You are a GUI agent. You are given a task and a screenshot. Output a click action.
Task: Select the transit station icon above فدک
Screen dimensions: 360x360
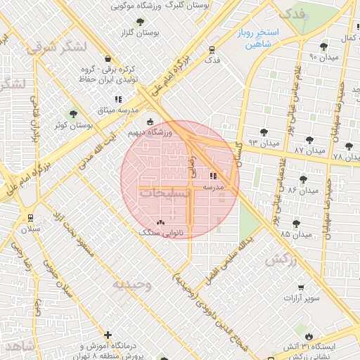click(x=212, y=49)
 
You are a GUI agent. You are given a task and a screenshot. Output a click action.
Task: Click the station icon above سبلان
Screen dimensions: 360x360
click(x=30, y=218)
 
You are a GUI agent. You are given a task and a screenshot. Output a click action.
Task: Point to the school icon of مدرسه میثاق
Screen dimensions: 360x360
click(x=119, y=99)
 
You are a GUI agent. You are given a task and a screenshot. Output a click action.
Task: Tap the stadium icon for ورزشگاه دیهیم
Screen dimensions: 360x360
click(x=149, y=121)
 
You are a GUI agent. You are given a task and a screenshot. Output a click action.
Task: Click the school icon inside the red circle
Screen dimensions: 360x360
click(x=213, y=176)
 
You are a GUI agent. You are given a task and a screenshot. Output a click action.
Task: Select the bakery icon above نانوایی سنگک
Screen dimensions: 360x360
click(x=161, y=222)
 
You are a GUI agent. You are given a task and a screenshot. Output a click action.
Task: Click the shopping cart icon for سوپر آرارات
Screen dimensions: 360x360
click(x=301, y=288)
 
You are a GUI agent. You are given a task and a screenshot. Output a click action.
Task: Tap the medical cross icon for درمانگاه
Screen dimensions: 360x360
click(x=107, y=335)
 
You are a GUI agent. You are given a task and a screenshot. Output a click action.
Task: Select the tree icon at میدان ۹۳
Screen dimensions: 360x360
click(x=264, y=131)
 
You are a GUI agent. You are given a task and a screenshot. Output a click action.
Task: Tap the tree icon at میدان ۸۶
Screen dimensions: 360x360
click(x=303, y=180)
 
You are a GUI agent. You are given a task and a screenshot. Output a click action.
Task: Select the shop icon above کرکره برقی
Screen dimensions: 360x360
click(x=107, y=58)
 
